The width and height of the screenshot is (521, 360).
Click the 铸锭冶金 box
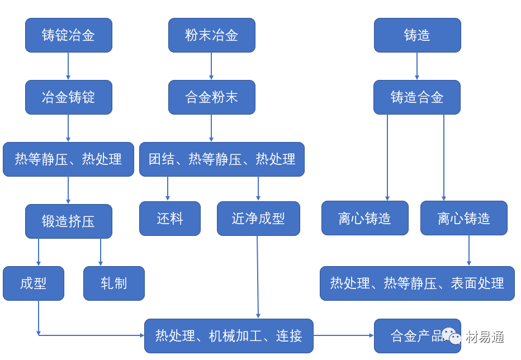tap(68, 35)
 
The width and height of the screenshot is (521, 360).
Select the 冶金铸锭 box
tap(68, 97)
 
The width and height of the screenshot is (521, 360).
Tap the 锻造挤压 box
tap(68, 221)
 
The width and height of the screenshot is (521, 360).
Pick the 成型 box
tap(34, 283)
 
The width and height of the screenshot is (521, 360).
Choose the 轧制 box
tap(114, 283)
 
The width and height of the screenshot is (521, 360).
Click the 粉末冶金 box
tap(211, 35)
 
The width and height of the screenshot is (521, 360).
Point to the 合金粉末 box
tap(211, 97)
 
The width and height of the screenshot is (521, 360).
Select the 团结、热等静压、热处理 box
tap(221, 159)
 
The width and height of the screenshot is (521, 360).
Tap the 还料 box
tap(169, 219)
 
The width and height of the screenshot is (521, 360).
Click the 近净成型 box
tap(258, 219)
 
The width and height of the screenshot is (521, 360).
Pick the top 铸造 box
tap(417, 35)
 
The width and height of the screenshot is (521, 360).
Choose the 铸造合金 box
tap(417, 97)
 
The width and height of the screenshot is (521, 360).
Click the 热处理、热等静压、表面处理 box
tap(417, 283)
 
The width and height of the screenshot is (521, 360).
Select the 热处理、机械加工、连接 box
tap(229, 336)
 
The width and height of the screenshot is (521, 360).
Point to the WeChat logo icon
tap(451, 336)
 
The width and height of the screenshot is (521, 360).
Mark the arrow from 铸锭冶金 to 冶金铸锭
tap(68, 66)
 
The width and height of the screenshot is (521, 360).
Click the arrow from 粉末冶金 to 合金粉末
tap(211, 66)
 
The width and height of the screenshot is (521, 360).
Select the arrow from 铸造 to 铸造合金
tap(417, 66)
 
